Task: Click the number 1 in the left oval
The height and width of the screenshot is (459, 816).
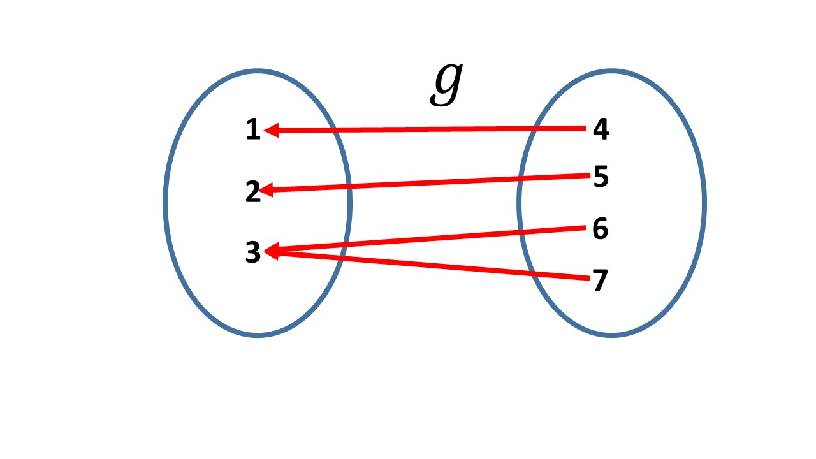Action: (253, 131)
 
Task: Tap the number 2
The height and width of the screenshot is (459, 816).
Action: (253, 192)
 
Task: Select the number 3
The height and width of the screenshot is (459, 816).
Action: (253, 253)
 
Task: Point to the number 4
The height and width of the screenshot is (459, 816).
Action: (601, 130)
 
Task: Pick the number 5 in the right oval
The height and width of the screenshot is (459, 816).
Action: (601, 177)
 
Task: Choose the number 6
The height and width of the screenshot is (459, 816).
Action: (600, 229)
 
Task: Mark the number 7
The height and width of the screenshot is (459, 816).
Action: (600, 281)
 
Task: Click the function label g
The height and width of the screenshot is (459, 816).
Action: (446, 85)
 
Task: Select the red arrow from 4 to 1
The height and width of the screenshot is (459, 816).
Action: (427, 129)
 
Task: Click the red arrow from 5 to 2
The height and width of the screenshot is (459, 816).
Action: (427, 183)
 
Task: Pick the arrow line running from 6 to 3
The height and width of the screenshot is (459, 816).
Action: (427, 240)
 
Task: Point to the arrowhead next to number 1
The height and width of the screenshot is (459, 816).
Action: (270, 131)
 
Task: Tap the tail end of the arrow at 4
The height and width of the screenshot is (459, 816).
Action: (583, 129)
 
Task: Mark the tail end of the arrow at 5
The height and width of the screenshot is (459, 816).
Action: (583, 175)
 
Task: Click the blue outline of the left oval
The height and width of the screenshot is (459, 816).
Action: (165, 201)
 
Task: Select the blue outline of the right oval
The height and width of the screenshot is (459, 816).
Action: (704, 201)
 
